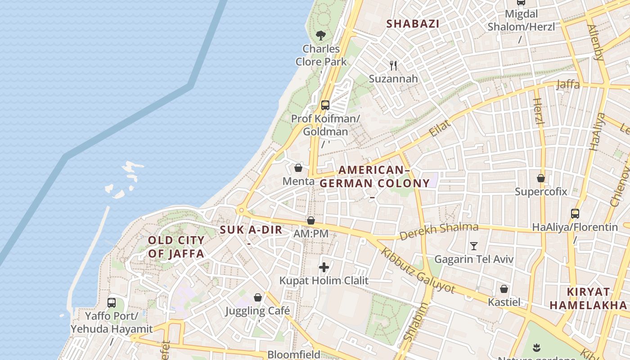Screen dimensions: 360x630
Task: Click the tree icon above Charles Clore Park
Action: coord(321,35)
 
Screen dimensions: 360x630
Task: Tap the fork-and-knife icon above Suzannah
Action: coord(394,65)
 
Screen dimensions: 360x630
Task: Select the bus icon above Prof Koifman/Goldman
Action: coord(325,105)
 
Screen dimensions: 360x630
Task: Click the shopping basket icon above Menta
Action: coord(298,168)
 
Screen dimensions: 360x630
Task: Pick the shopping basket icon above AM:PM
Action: coord(310,220)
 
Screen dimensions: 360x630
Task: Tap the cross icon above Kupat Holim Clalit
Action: coord(324,267)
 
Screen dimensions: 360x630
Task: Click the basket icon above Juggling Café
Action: coord(258,297)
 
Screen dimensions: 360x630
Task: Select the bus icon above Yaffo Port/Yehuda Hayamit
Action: coord(112,302)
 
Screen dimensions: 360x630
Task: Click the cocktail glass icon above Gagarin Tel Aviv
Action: coord(473,246)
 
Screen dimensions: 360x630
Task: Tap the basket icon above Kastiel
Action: coord(504,288)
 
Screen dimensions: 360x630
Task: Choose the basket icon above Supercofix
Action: coord(541,178)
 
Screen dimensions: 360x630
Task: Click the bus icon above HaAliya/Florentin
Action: coord(575,213)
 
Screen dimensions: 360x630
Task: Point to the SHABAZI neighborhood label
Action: coord(413,24)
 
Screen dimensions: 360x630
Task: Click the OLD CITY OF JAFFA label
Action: coord(176,247)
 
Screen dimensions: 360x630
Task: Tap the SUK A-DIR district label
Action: coord(251,230)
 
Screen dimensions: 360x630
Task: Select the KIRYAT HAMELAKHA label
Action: coord(588,298)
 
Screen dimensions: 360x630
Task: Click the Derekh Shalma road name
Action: coord(439,231)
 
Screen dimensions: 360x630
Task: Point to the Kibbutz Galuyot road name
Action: coord(418,270)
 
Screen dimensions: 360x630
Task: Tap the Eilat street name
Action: coord(440,129)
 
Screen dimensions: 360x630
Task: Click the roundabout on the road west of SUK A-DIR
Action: coord(242,210)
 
